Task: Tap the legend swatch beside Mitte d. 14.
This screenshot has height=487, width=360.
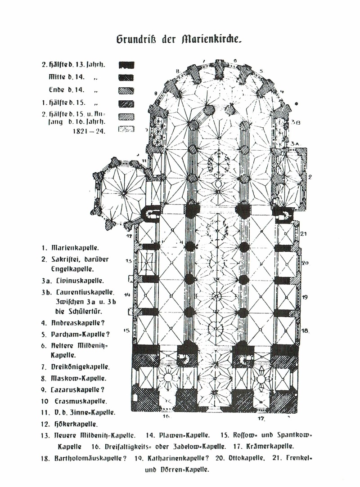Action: point(126,77)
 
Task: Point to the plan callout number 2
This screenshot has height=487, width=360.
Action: point(310,177)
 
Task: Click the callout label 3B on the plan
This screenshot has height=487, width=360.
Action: point(295,122)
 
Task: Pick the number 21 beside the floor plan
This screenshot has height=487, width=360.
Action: point(303,233)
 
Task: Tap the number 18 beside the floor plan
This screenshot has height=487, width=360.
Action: point(305,331)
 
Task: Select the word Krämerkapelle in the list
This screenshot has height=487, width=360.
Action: point(270,447)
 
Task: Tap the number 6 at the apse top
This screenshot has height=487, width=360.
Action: point(235,61)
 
